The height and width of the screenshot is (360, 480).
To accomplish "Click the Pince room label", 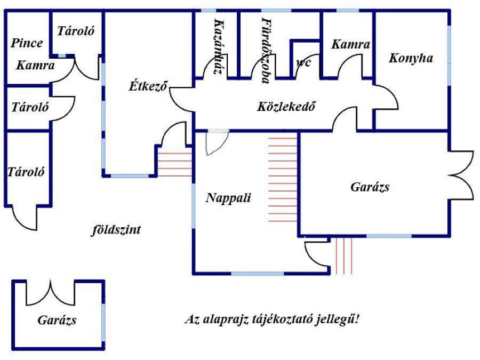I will (27, 43).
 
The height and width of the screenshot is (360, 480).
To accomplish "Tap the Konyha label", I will (410, 58).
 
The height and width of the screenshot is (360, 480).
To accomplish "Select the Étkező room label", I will (149, 85).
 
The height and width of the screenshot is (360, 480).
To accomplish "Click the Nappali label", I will (228, 198).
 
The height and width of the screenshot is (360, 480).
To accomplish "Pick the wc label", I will (303, 62).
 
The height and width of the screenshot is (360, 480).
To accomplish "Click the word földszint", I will (116, 230).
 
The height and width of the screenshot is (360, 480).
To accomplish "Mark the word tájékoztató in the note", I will (284, 320).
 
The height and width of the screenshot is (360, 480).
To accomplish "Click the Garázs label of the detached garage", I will (57, 320).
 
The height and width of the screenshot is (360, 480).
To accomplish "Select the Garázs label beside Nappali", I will (370, 187).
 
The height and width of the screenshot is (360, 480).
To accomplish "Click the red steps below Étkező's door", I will (174, 164).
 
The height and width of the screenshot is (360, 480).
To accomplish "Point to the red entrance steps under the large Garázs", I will (343, 255).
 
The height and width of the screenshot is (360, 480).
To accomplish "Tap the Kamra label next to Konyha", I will (350, 45).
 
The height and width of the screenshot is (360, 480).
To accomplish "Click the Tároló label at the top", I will (76, 31).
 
